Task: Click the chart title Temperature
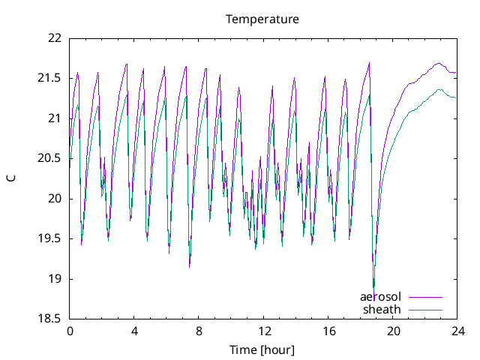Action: [262, 19]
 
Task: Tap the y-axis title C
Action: [10, 178]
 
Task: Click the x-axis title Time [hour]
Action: [262, 350]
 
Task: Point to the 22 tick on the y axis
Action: [54, 37]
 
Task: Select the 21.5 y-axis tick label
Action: [49, 78]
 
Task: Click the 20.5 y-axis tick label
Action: [49, 158]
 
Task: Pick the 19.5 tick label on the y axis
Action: [49, 238]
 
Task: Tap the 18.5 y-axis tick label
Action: [49, 319]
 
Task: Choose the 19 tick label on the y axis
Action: [54, 279]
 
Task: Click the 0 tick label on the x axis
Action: [70, 331]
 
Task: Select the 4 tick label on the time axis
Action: [134, 331]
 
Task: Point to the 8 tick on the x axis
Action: [199, 331]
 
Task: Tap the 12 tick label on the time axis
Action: [264, 331]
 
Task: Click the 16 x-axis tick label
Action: [328, 331]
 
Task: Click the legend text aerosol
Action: [380, 296]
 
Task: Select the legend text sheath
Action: [382, 309]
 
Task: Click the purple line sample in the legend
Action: [425, 296]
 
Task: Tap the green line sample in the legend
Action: [425, 309]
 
